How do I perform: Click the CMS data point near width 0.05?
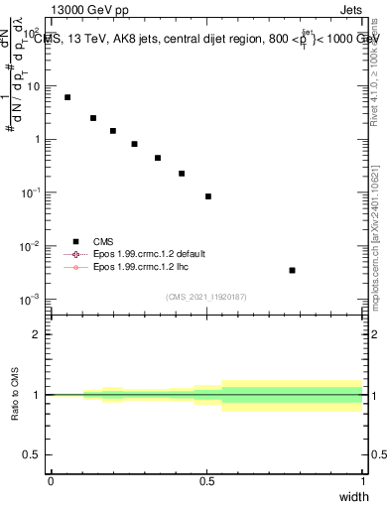[67, 97]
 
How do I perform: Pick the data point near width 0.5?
[208, 196]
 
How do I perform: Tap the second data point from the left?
[93, 118]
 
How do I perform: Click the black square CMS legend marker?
[74, 240]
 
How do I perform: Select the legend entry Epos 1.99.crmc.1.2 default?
[145, 254]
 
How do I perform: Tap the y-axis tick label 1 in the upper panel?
[38, 139]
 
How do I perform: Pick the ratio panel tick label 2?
[38, 334]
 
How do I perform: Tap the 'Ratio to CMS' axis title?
[15, 394]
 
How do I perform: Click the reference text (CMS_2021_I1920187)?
[205, 297]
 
